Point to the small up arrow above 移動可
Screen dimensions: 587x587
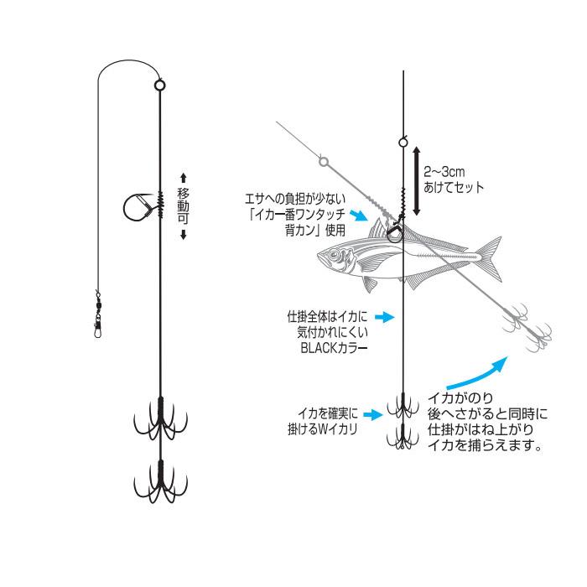[x=184, y=178]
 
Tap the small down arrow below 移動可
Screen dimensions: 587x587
[x=184, y=233]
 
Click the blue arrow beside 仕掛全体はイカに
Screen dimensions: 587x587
[x=382, y=317]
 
